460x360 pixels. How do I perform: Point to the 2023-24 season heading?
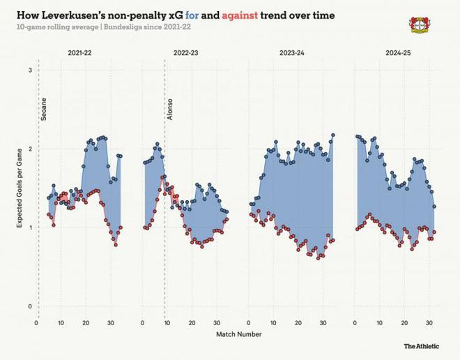(x=292, y=53)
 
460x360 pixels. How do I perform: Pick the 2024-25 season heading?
(x=398, y=53)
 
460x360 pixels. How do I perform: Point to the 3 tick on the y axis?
(x=30, y=70)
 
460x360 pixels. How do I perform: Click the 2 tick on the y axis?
(x=30, y=149)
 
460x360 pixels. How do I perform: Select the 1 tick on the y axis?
(x=30, y=227)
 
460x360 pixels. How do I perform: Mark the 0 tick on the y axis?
(x=30, y=306)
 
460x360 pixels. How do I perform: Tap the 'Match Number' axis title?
(x=239, y=334)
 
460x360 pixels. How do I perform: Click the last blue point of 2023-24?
(x=333, y=135)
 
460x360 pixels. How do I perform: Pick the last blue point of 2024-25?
(x=435, y=207)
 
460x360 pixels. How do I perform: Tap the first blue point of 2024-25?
(x=357, y=136)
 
